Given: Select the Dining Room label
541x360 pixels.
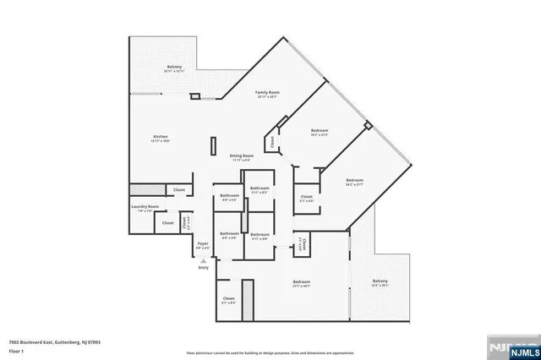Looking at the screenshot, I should [x=242, y=155].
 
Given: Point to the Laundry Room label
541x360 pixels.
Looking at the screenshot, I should [x=145, y=206].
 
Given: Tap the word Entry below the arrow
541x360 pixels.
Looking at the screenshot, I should [x=203, y=267].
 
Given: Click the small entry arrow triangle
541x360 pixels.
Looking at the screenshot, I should [x=203, y=260].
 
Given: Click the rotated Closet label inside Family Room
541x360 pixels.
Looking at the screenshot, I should [x=272, y=143].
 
